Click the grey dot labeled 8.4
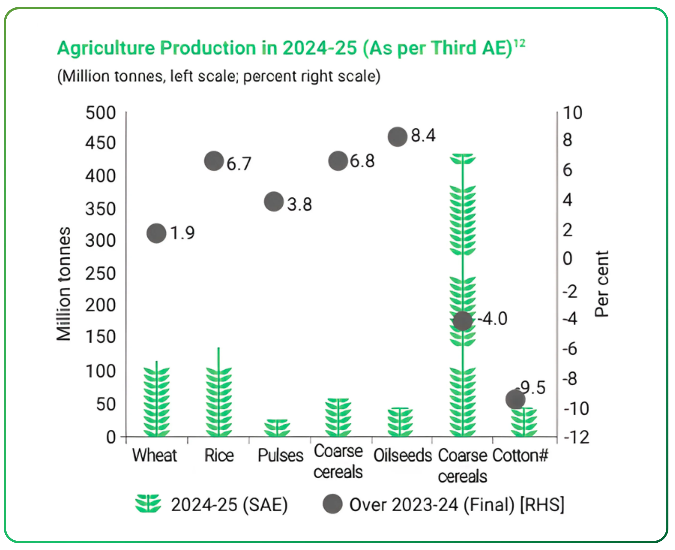point(397,137)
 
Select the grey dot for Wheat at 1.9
point(156,233)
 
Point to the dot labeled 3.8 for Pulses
point(274,202)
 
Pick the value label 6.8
point(362,161)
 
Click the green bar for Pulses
point(277,428)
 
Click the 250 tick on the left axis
point(101,274)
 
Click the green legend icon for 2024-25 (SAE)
point(148,504)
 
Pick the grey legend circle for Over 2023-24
point(332,504)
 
